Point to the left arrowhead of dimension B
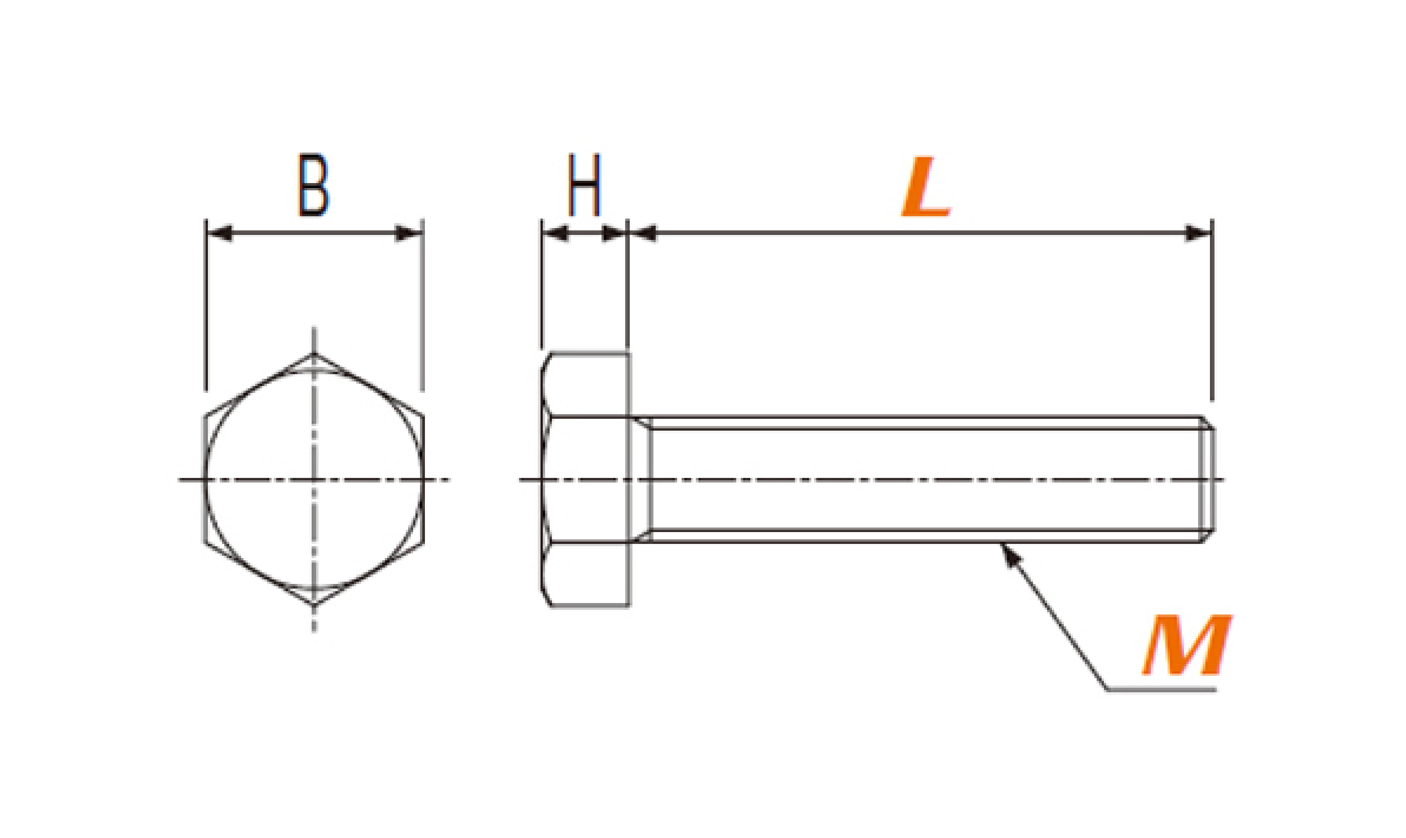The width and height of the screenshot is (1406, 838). (219, 233)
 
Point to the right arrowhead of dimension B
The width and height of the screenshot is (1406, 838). (408, 233)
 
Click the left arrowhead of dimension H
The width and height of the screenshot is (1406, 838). (555, 233)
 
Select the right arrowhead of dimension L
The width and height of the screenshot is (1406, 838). (1198, 233)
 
